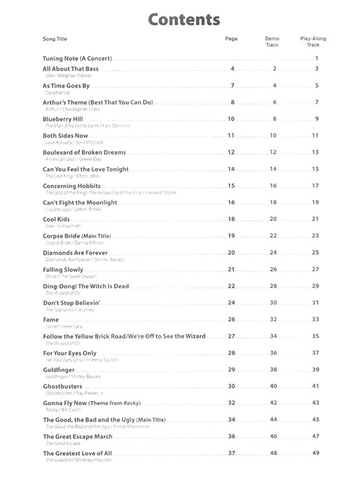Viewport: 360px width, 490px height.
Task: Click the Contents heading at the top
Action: point(184,19)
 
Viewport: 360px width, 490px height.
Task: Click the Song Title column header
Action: point(55,38)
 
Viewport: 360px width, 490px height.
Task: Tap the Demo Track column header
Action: point(272,41)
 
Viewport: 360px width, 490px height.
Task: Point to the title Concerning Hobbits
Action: point(71,185)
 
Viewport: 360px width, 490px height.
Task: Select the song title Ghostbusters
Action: point(62,386)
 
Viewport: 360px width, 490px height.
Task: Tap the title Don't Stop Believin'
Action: point(71,302)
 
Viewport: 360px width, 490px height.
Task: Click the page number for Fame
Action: point(231,319)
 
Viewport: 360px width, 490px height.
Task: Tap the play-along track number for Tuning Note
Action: point(317,58)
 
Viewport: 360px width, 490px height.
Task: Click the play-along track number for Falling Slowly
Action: point(315,269)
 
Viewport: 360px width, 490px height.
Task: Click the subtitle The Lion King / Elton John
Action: point(67,176)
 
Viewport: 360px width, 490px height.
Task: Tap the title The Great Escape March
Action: point(77,437)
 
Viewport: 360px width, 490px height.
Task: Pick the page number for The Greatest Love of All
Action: point(231,454)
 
